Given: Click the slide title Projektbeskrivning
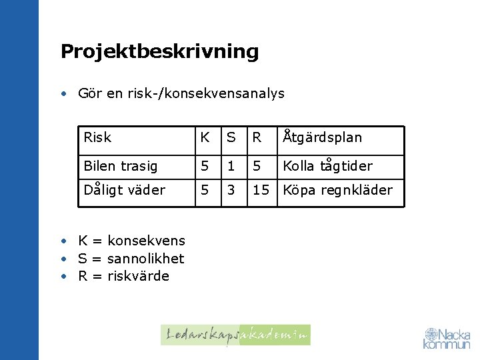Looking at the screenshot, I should pos(159,51).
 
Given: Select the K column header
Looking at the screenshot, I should pos(205,137).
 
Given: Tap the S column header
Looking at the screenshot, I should pos(231,137).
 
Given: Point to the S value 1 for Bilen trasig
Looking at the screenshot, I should pos(231,166).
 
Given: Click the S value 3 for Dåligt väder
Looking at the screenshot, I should pos(231,190).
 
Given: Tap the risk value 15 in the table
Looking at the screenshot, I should pos(260,190).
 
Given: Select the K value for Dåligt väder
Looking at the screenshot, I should pos(205,190).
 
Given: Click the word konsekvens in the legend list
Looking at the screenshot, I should pos(146,241).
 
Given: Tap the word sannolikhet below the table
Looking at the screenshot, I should pos(145,259).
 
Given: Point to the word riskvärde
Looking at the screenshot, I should pos(138,276).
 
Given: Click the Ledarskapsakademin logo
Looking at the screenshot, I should pos(235,335).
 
